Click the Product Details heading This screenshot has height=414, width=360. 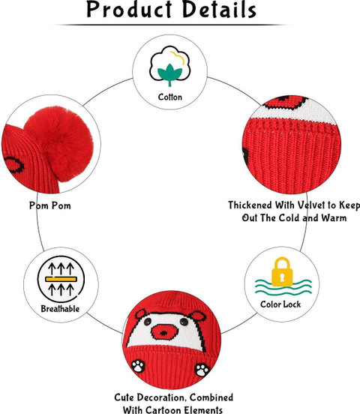pos(172,10)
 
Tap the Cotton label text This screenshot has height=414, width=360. pos(170,97)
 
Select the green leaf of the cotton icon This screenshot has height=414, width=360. pos(169,74)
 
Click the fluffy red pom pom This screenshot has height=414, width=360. pos(58,144)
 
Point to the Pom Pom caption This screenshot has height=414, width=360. pos(50,205)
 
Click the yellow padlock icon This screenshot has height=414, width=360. pos(282,272)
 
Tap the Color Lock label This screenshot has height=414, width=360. pos(280,304)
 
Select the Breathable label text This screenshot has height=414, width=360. pos(60,309)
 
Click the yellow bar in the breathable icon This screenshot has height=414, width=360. pos(61,279)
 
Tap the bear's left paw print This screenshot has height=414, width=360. pos(138,366)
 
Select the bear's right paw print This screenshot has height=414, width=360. pos(202,370)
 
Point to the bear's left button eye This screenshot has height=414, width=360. pos(148,322)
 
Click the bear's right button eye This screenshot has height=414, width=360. pos(184,322)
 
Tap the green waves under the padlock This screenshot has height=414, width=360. pos(283,287)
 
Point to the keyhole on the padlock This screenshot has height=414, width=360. pos(282,277)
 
